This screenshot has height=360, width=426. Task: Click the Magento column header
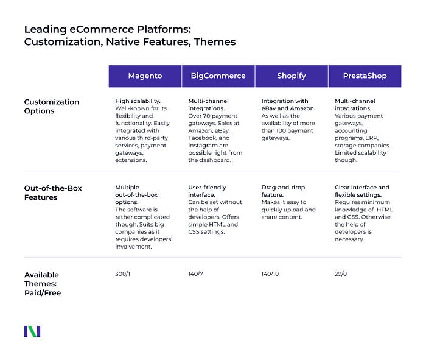pos(145,76)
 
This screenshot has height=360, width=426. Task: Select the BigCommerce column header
pos(218,76)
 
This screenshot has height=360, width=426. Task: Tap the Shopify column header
pos(291,76)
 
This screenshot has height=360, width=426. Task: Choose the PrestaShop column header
pos(365,76)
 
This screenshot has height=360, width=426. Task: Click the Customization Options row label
pos(52,107)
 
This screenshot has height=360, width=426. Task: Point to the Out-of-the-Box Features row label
pos(52,192)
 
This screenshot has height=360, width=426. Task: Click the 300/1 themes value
pos(123,274)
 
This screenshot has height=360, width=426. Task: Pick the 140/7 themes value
pos(197,274)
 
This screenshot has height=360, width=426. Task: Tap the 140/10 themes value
pos(271,274)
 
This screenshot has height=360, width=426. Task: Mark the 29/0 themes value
pos(342,274)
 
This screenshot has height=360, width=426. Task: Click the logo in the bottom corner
pos(32,331)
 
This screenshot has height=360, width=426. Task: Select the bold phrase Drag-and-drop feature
pos(283,191)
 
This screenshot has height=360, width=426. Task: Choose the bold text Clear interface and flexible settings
pos(362,191)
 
